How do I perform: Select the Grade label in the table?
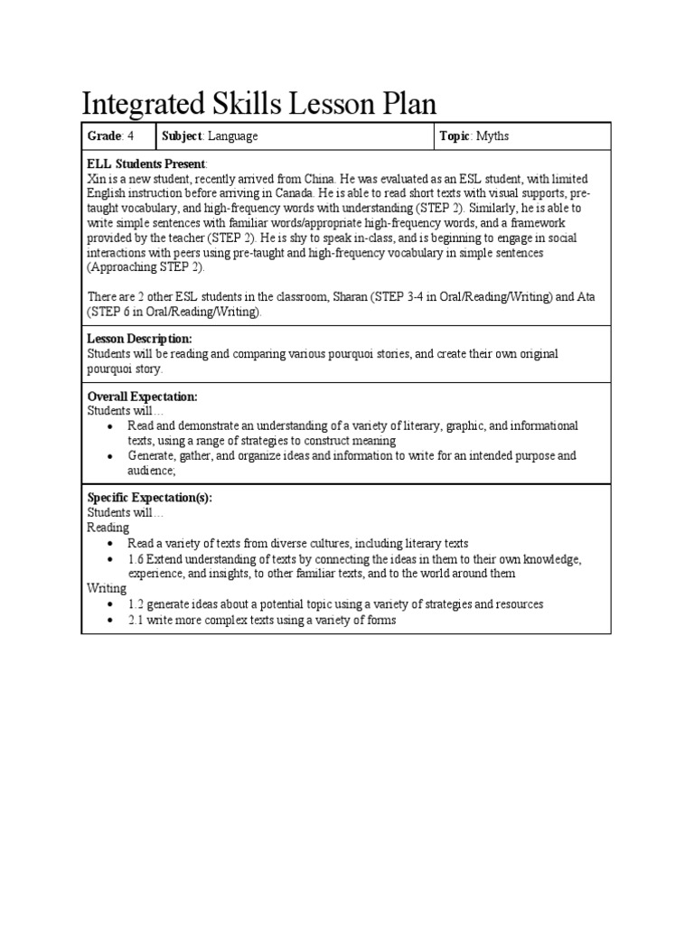(x=103, y=136)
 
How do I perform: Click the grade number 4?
(x=130, y=136)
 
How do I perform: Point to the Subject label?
(x=183, y=136)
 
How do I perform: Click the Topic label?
(x=455, y=136)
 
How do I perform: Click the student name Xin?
(x=96, y=179)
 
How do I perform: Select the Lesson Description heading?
(x=139, y=338)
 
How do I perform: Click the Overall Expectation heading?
(x=142, y=397)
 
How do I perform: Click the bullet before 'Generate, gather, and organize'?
(x=110, y=456)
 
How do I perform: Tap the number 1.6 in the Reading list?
(x=136, y=559)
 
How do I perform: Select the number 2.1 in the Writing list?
(x=136, y=621)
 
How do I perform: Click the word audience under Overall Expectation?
(x=150, y=471)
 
